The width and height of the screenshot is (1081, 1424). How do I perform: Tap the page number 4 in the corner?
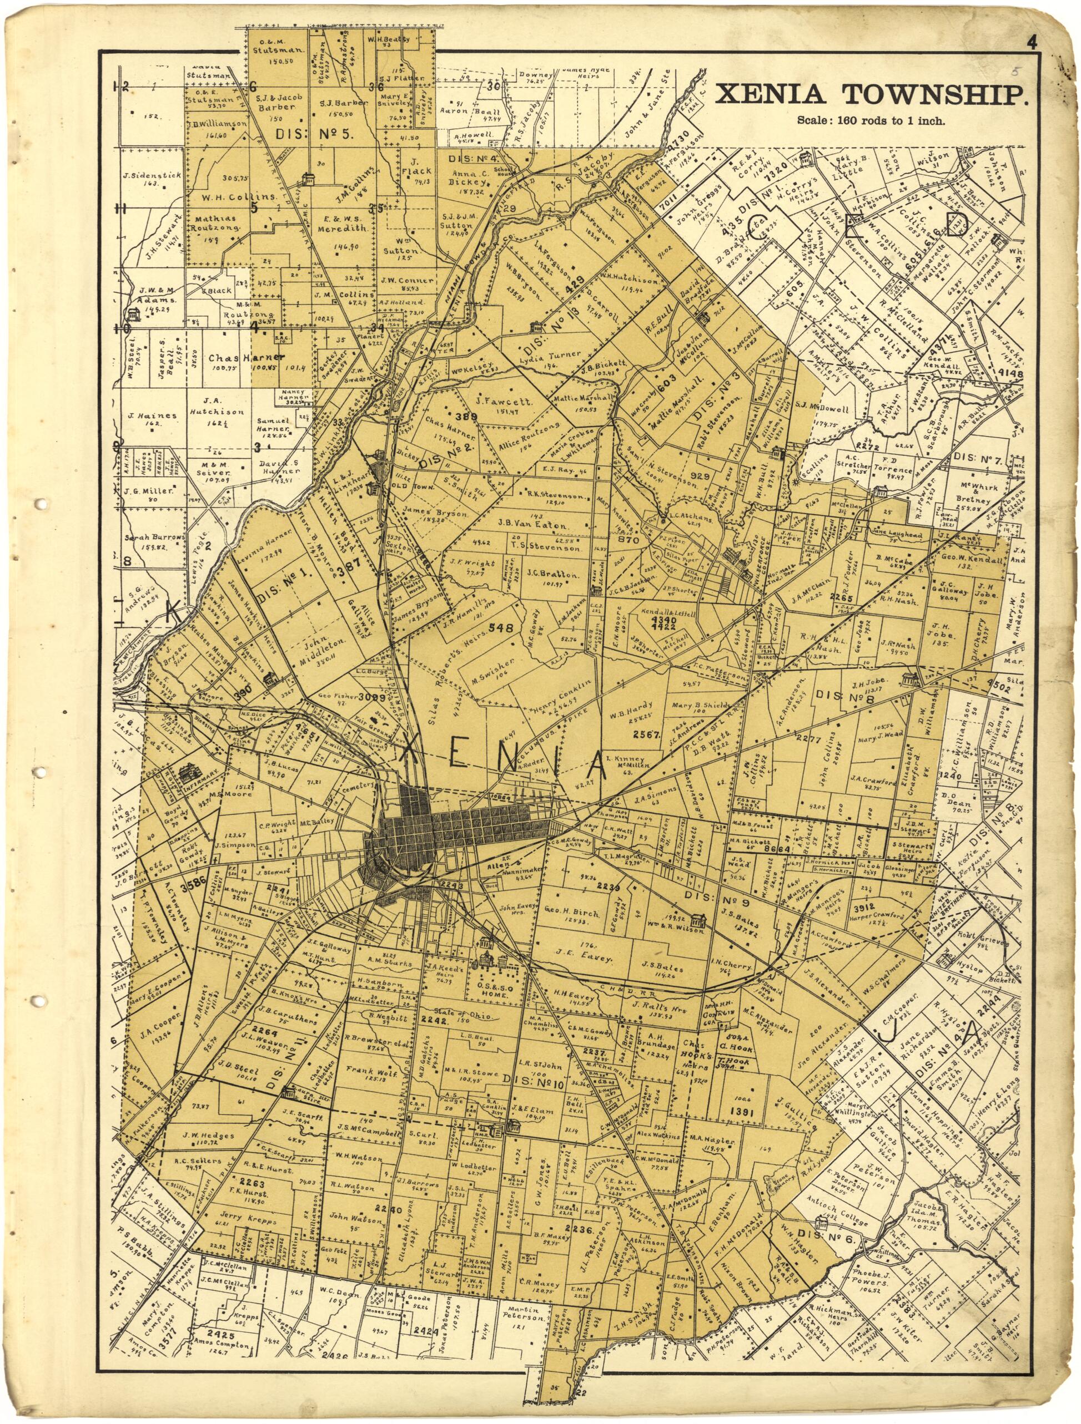[x=1032, y=44]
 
